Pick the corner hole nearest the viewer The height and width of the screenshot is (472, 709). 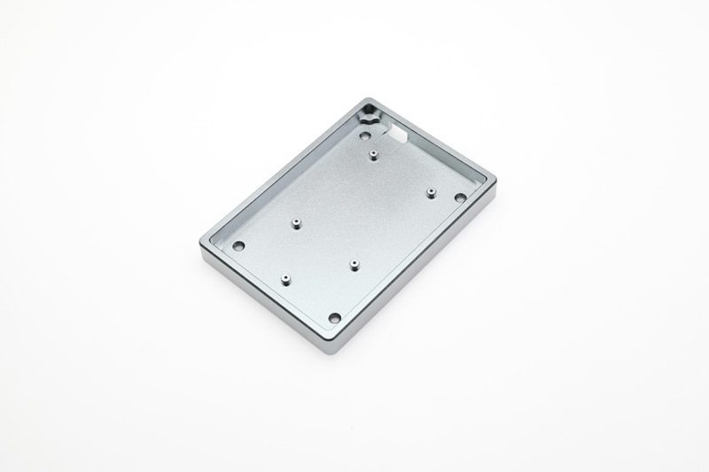tap(334, 317)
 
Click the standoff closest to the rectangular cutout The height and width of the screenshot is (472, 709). tap(375, 156)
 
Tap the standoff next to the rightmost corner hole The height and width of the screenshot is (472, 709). tap(430, 191)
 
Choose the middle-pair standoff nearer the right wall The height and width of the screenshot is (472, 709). tap(353, 264)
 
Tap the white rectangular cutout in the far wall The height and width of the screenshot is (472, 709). tap(398, 134)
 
